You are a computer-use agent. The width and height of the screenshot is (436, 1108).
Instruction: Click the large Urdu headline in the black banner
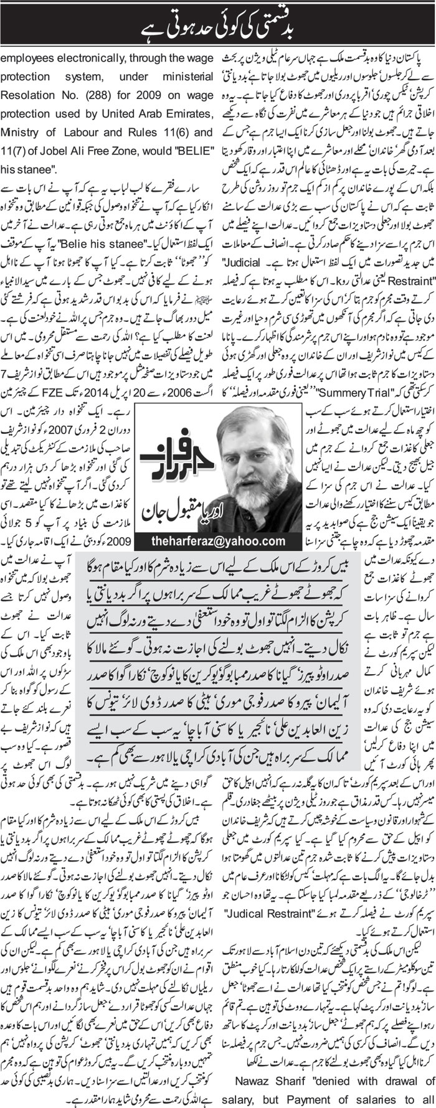point(218,21)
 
